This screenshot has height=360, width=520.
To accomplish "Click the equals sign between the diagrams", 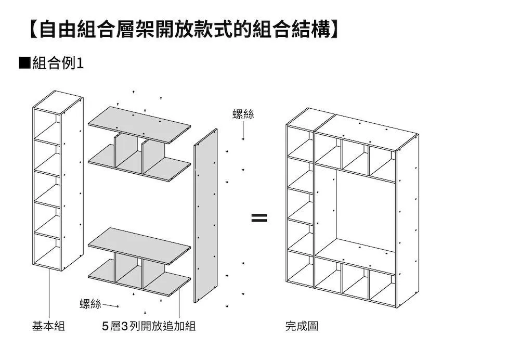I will (x=259, y=218).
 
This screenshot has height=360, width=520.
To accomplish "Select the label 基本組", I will (x=48, y=327).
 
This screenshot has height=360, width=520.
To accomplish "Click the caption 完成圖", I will (x=302, y=327).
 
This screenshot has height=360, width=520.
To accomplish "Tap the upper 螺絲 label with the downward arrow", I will (x=243, y=114).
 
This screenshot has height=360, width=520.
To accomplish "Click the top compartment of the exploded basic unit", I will (x=47, y=125).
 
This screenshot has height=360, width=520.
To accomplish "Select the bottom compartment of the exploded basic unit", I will (x=47, y=252).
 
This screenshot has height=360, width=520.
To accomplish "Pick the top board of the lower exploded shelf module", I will (x=139, y=245).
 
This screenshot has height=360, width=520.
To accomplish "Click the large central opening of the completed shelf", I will (x=364, y=208).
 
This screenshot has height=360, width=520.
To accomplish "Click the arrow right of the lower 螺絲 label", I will (x=112, y=305).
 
